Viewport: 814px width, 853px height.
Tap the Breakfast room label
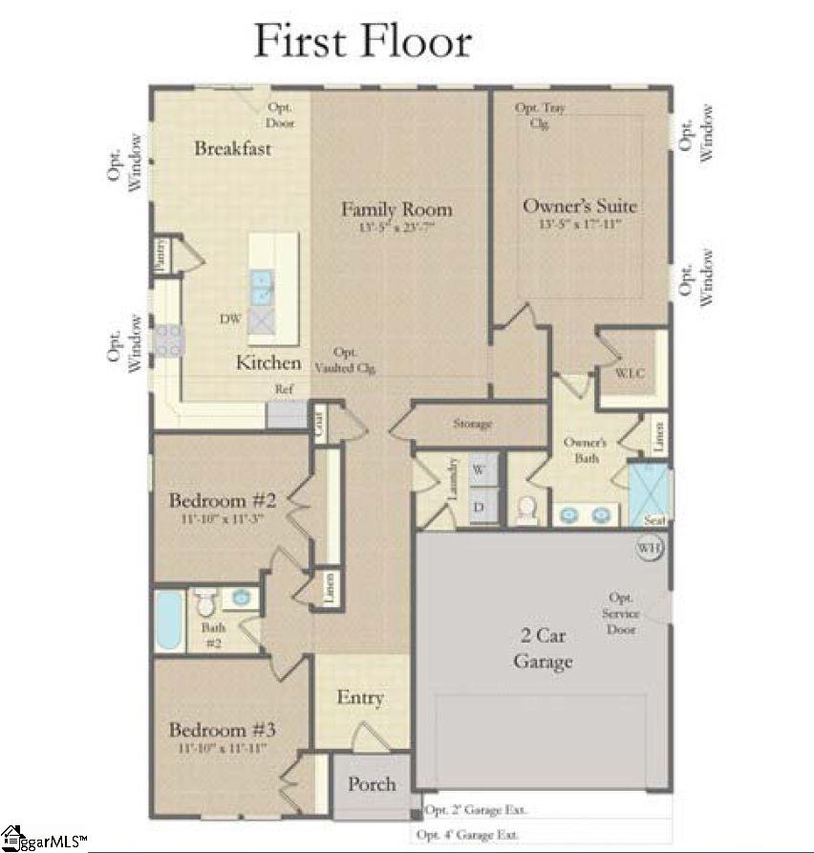pyautogui.click(x=232, y=148)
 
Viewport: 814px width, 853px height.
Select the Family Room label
pyautogui.click(x=396, y=209)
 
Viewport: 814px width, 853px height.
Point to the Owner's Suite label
pyautogui.click(x=579, y=206)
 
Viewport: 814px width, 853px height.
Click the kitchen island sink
pyautogui.click(x=261, y=286)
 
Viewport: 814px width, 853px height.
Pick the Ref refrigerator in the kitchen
pyautogui.click(x=286, y=413)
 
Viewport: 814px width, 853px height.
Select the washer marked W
pyautogui.click(x=480, y=470)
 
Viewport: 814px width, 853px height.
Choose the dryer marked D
pyautogui.click(x=480, y=507)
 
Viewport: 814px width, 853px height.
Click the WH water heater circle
pyautogui.click(x=651, y=548)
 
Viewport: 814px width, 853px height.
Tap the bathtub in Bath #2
pyautogui.click(x=170, y=621)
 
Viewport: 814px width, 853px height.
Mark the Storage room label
pyautogui.click(x=472, y=423)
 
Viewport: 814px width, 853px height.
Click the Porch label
pyautogui.click(x=371, y=784)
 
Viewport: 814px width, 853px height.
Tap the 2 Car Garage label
pyautogui.click(x=543, y=649)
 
